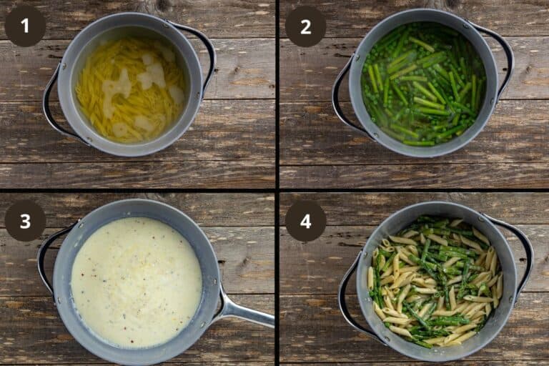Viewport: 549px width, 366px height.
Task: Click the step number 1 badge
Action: (x=25, y=26)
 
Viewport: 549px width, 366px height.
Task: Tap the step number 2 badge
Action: (x=306, y=26)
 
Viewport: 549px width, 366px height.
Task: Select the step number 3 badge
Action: (x=25, y=221)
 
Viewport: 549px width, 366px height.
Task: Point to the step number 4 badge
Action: (x=306, y=221)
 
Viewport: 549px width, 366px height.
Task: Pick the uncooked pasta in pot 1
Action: (x=130, y=89)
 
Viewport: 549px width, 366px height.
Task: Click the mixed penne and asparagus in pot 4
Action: (x=435, y=282)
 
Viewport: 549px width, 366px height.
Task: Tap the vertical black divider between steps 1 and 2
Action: (x=277, y=94)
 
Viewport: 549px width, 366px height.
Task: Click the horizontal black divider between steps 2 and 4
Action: (x=414, y=190)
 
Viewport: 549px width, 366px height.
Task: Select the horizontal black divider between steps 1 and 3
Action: (x=137, y=190)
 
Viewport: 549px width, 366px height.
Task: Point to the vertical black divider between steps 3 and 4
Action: (x=277, y=279)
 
